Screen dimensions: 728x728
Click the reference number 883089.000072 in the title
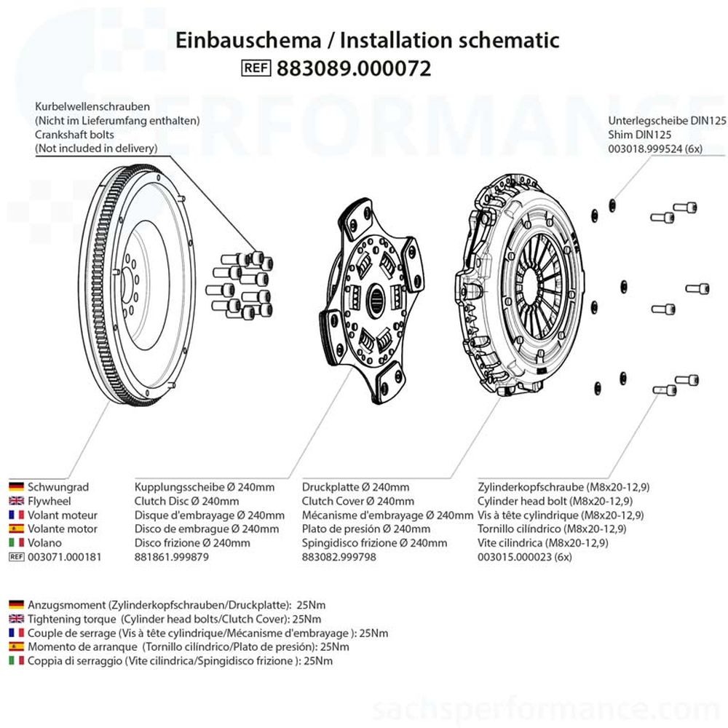[354, 68]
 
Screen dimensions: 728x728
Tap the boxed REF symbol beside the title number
[256, 68]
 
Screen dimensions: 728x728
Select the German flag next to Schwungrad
[16, 487]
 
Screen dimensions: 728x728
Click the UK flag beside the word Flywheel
[16, 501]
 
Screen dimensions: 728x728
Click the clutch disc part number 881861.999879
[172, 557]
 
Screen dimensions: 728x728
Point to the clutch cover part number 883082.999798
[339, 557]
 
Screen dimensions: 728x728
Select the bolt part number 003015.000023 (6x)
[525, 557]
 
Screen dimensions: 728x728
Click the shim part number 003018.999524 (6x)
[654, 148]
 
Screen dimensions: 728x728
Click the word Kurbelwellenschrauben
[92, 106]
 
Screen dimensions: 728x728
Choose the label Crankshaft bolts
[74, 135]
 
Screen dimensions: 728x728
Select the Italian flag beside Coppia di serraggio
[16, 660]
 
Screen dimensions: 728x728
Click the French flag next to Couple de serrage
[16, 633]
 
